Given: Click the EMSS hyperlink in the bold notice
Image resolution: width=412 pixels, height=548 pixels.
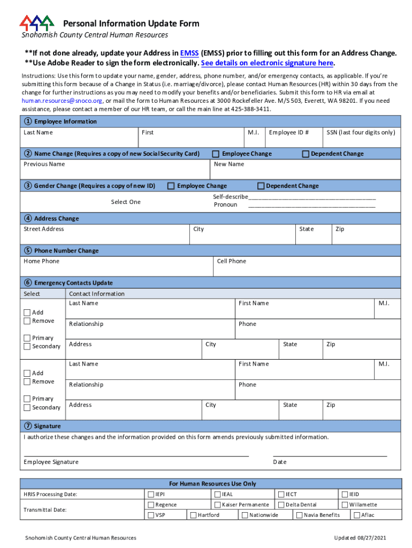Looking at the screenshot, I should click(x=189, y=53).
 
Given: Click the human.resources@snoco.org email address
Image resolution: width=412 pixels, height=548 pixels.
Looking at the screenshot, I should click(x=62, y=101).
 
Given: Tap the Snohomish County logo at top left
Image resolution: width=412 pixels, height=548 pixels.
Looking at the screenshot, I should click(x=37, y=23).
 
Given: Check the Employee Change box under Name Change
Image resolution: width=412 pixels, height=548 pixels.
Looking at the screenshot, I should click(x=216, y=154).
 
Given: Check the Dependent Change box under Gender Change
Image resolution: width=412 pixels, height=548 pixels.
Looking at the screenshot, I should click(x=261, y=186).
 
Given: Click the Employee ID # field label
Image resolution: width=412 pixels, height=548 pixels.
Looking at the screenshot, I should click(x=289, y=132).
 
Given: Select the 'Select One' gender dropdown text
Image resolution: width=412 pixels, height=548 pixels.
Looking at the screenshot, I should click(x=126, y=202).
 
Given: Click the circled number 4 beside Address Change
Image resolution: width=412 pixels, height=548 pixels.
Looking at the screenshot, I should click(x=27, y=218).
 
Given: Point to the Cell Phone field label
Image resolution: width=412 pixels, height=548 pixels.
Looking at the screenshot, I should click(x=232, y=261).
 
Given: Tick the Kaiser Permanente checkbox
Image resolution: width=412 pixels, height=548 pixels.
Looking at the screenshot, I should click(x=218, y=505).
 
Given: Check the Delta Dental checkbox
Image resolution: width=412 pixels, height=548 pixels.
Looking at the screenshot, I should click(x=280, y=505).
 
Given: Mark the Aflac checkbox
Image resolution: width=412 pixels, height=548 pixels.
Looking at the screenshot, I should click(x=356, y=515).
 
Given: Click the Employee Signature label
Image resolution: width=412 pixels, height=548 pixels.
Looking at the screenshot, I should click(x=51, y=462).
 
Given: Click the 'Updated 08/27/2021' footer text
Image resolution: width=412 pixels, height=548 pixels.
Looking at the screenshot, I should click(x=361, y=538).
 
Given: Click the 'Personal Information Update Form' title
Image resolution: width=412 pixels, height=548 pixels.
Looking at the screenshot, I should click(x=131, y=24).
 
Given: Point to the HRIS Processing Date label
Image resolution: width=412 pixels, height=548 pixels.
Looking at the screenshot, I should click(x=50, y=494).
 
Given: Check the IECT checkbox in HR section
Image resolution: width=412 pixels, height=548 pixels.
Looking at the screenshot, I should click(x=280, y=494).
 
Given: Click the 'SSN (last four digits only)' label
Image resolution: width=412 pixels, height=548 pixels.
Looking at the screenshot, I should click(x=361, y=132).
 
